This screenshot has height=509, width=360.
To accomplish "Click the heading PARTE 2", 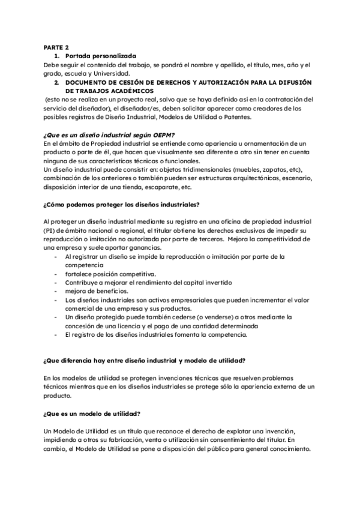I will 56,46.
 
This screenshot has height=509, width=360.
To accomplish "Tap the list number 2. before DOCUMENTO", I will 56,81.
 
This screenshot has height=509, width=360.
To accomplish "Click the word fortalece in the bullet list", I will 80,274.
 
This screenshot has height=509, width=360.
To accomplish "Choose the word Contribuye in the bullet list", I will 84,282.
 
